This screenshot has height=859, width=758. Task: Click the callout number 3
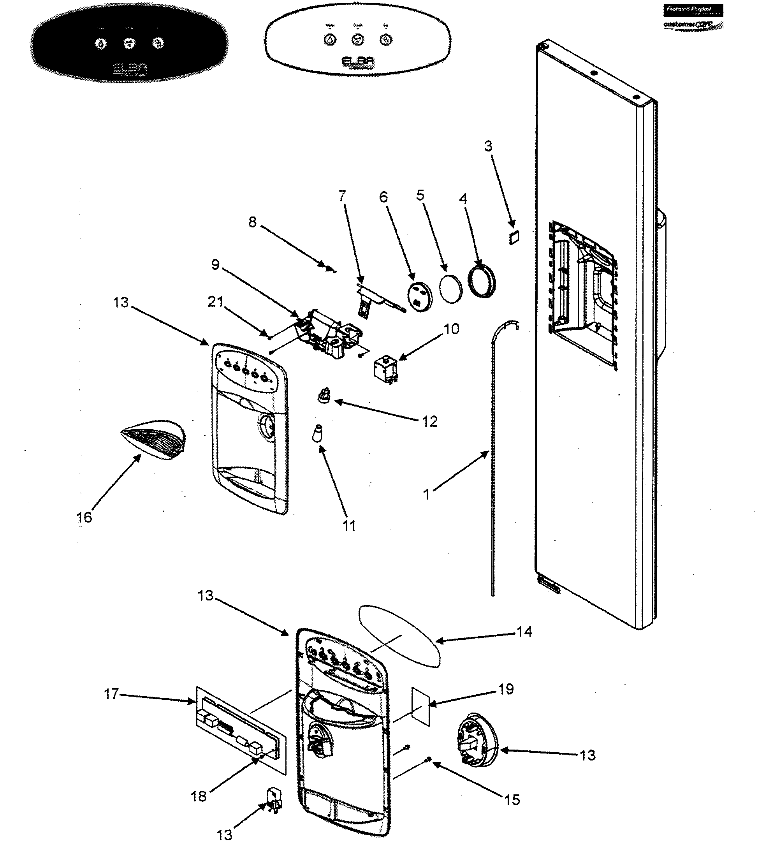[488, 146]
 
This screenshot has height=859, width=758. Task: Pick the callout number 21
[216, 301]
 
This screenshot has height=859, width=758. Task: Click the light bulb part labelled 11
[318, 434]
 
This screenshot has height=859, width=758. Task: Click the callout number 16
[84, 517]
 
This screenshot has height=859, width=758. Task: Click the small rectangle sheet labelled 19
[421, 707]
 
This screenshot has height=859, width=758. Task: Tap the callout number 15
[512, 799]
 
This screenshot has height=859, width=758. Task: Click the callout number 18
[199, 796]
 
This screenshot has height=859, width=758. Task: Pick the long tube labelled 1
[492, 462]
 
